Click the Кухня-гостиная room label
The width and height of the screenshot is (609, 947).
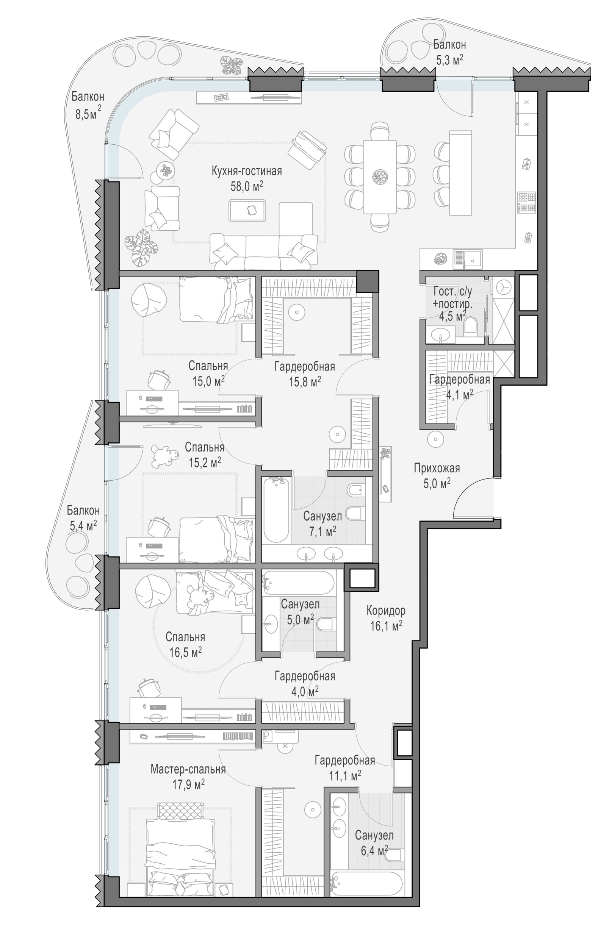tap(247, 171)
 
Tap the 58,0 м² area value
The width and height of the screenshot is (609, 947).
tap(247, 186)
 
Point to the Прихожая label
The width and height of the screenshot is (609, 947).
tap(437, 468)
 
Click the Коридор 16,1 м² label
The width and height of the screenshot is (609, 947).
tap(386, 618)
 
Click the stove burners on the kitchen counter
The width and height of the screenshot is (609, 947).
tap(527, 202)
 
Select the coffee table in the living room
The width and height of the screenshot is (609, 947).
tap(247, 210)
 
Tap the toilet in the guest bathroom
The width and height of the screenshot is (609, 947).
tap(471, 326)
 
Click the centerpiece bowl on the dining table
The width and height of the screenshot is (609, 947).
tap(380, 176)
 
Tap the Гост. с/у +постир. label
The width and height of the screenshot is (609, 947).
tap(453, 298)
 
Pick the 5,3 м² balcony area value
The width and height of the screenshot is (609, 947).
tap(449, 60)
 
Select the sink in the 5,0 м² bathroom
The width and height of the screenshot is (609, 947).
tap(271, 625)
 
